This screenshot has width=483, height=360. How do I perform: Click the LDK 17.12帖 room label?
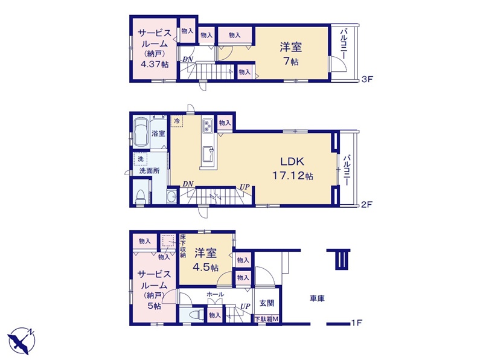(x=292, y=169)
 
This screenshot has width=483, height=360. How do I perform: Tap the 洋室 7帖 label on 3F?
(x=291, y=54)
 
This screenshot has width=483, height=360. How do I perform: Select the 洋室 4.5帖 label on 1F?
(x=205, y=260)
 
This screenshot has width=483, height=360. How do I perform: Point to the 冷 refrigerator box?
(x=177, y=121)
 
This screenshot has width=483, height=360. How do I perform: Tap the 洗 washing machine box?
(x=141, y=159)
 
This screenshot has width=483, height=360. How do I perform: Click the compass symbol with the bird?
(x=21, y=341)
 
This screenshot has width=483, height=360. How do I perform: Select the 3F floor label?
(x=367, y=79)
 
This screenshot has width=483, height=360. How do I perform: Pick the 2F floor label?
(x=367, y=204)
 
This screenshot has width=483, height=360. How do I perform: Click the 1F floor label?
(x=356, y=323)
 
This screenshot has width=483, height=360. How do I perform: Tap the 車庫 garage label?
(x=317, y=298)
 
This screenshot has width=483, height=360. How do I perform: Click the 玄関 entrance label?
(x=267, y=303)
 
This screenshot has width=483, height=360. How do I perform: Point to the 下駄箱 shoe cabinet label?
(x=263, y=320)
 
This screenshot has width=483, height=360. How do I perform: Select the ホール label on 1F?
(x=215, y=294)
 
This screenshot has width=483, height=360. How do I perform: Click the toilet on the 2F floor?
(x=141, y=197)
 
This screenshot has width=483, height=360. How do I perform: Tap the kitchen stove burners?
(x=206, y=126)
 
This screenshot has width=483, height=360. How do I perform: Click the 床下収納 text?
(x=183, y=246)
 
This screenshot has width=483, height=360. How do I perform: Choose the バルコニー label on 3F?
(x=343, y=43)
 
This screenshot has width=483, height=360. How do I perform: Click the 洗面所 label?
(x=149, y=171)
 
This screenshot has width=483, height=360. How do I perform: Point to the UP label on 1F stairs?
(x=245, y=306)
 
